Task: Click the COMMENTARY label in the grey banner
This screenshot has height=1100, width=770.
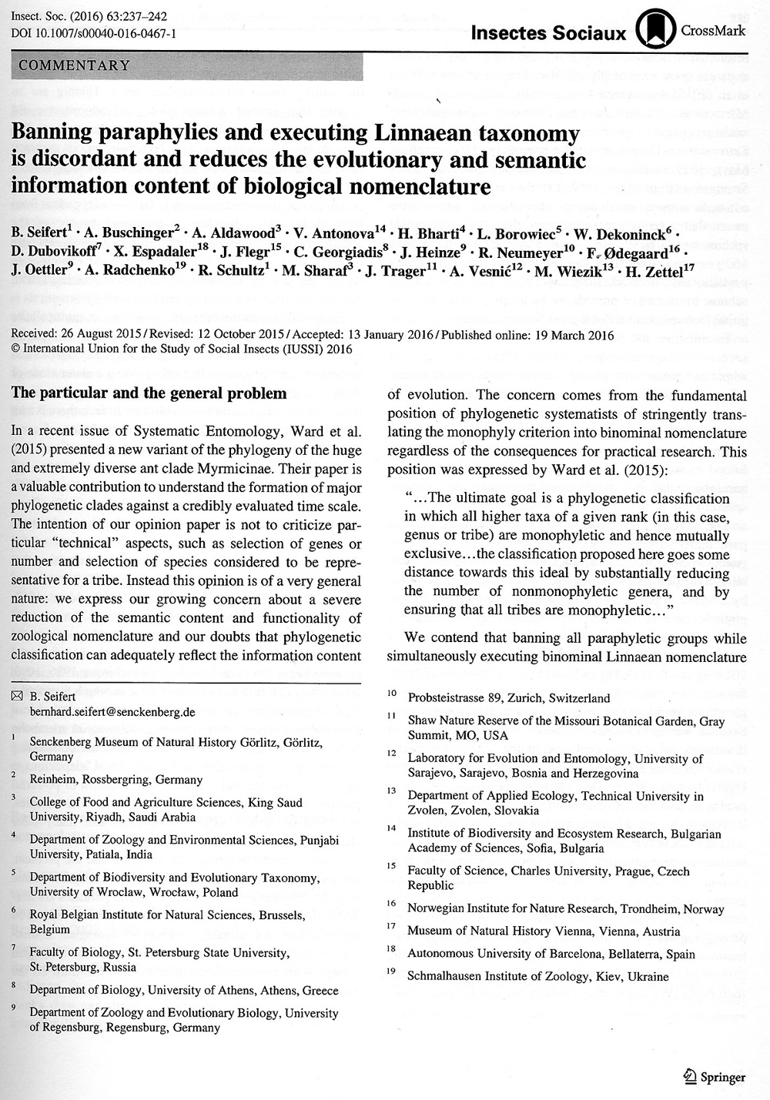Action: pyautogui.click(x=75, y=65)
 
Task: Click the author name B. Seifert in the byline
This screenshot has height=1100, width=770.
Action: pyautogui.click(x=40, y=210)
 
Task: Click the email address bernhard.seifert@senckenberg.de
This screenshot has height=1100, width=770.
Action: pyautogui.click(x=112, y=712)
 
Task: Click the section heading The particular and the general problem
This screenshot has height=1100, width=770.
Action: pyautogui.click(x=149, y=393)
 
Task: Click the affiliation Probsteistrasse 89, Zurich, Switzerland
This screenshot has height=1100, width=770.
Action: pyautogui.click(x=508, y=698)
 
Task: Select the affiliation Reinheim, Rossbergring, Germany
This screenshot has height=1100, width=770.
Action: pyautogui.click(x=115, y=779)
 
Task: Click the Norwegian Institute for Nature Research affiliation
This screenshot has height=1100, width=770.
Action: pyautogui.click(x=565, y=909)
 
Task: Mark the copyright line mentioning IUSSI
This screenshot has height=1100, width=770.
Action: pyautogui.click(x=182, y=348)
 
